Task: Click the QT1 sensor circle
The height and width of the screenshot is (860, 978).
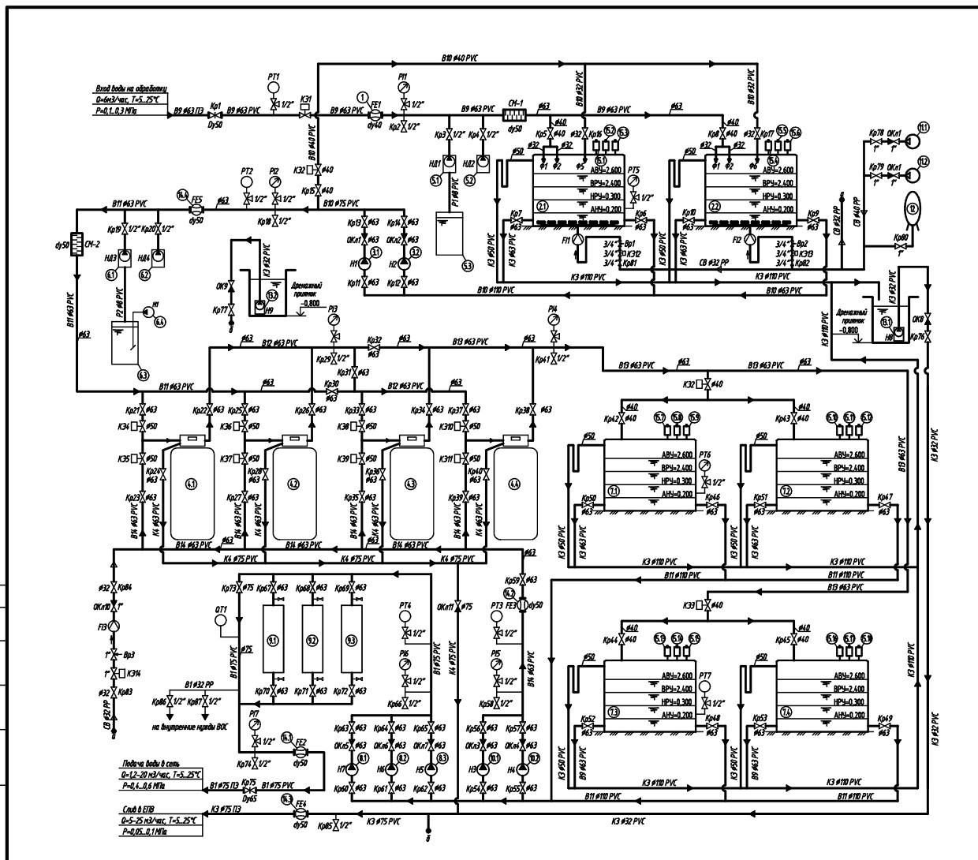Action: click(x=222, y=620)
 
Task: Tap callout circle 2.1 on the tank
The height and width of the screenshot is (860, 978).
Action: click(x=542, y=205)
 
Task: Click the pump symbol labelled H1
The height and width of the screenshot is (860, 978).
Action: click(x=365, y=264)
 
